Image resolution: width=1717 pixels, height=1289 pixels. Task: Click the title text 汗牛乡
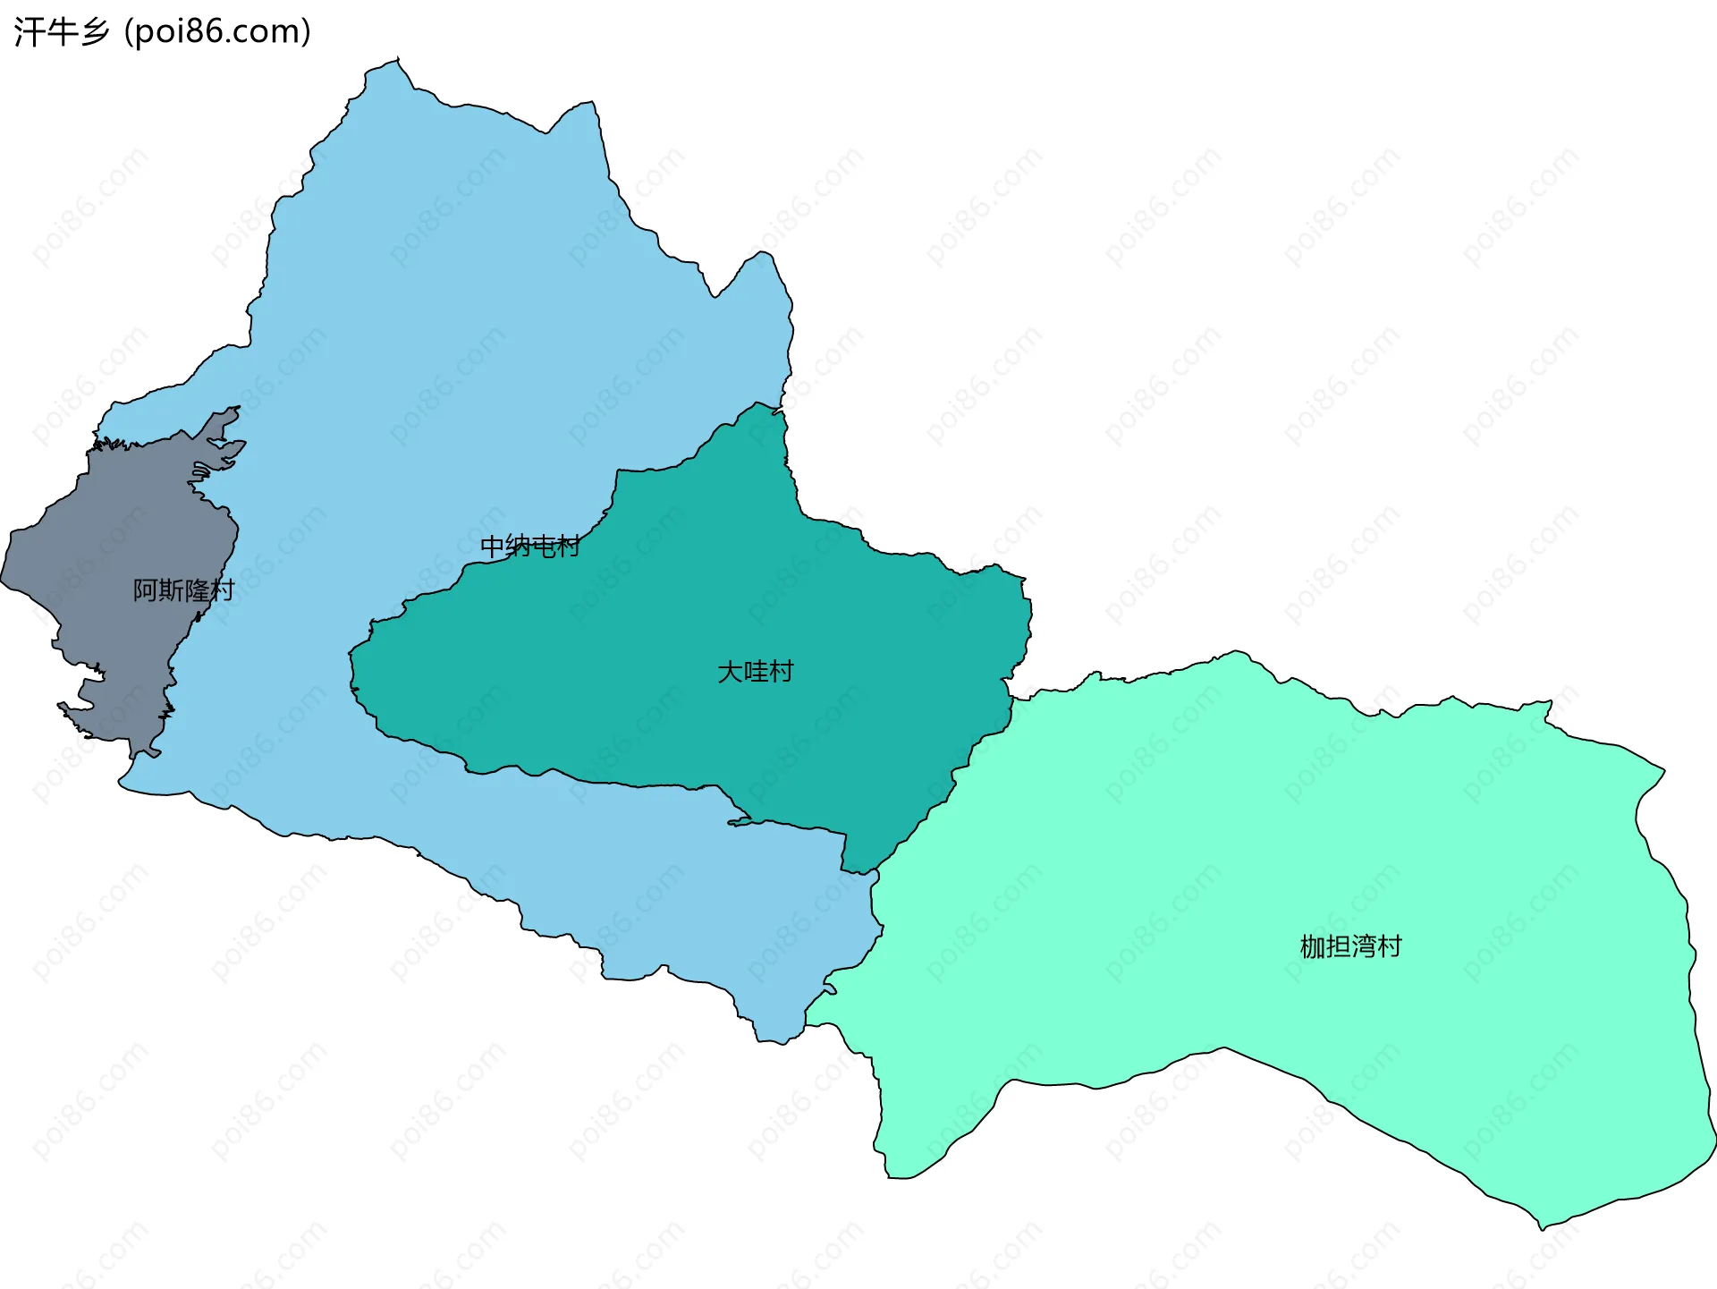61,31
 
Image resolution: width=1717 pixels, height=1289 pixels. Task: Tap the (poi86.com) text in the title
217,31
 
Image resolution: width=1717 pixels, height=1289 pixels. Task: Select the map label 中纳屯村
530,546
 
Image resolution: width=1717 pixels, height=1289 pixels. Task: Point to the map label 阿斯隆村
183,590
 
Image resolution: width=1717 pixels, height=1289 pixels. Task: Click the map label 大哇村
756,672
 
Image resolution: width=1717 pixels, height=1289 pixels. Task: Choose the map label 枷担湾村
1350,946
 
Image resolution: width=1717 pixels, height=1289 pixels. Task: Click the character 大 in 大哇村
730,672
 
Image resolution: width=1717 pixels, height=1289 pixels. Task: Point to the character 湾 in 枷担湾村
1364,946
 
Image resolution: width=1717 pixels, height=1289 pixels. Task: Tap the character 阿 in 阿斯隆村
146,590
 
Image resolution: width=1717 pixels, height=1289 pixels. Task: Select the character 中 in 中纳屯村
493,546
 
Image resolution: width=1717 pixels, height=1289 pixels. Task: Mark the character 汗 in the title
29,31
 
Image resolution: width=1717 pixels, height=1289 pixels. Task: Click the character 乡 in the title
94,31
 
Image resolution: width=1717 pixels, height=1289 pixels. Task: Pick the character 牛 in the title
61,31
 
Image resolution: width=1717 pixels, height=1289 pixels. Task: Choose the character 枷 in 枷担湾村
1312,946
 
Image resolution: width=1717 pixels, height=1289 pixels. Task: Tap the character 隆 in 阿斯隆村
197,590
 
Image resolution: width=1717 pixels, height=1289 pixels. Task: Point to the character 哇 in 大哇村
756,672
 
